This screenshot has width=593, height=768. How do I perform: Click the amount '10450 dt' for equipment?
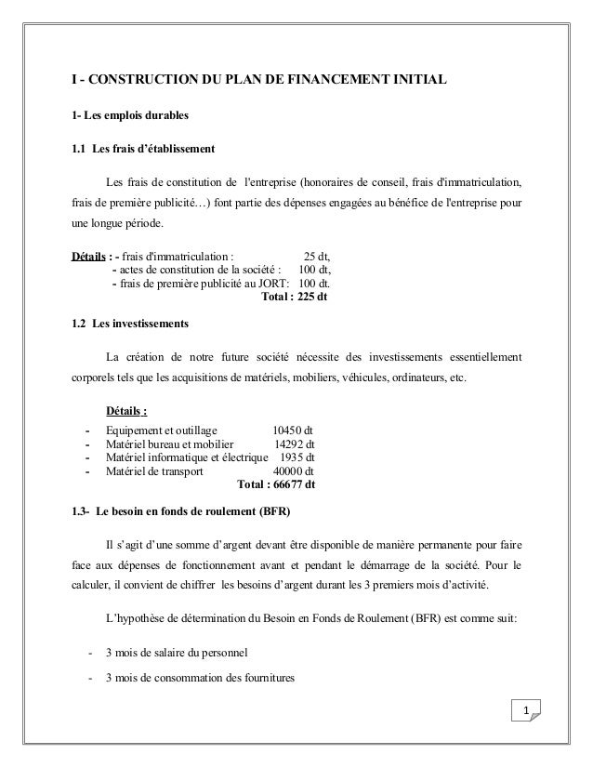click(292, 430)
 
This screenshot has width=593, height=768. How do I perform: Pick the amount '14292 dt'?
click(296, 444)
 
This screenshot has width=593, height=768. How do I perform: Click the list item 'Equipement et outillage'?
click(161, 430)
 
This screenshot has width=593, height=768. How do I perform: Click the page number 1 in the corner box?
click(526, 712)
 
